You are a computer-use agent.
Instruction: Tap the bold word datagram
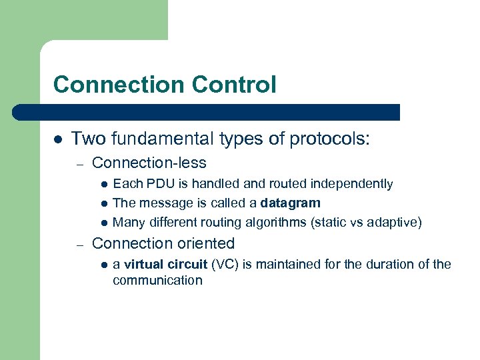(x=291, y=203)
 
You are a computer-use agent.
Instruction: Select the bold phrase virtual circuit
(x=165, y=264)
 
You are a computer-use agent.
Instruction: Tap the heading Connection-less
(x=149, y=163)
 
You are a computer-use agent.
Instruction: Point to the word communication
(x=157, y=280)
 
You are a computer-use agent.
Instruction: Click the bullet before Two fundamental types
(x=57, y=139)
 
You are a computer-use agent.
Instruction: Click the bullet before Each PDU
(x=104, y=184)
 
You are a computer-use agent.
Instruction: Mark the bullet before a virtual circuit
(x=104, y=265)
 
